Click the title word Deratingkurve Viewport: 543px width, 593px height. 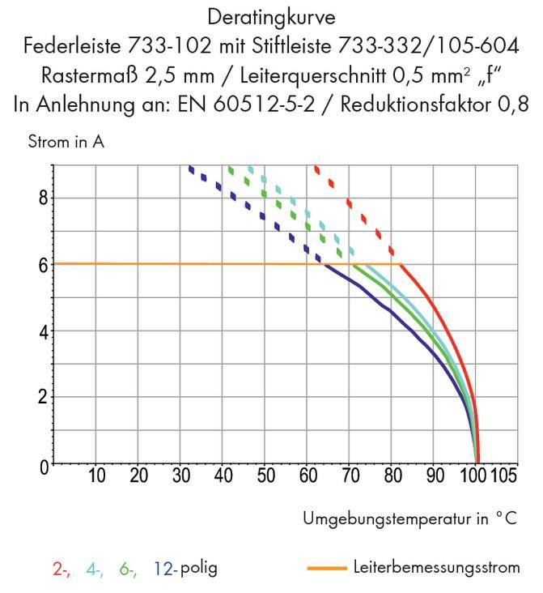click(271, 15)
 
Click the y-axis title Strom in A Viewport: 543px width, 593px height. click(66, 143)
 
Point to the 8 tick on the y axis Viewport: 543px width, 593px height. click(42, 198)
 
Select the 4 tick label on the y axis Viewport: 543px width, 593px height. click(42, 331)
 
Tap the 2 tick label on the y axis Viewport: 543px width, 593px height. click(42, 398)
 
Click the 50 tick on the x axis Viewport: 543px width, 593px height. click(265, 476)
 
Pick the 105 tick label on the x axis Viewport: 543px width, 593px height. click(504, 476)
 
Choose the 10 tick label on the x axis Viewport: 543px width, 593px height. click(96, 476)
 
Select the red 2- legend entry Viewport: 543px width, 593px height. click(61, 569)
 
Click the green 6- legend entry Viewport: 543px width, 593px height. click(128, 569)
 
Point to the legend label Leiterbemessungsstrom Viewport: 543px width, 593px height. click(437, 567)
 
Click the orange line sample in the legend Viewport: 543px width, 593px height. click(328, 568)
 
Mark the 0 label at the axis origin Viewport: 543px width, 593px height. click(43, 465)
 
